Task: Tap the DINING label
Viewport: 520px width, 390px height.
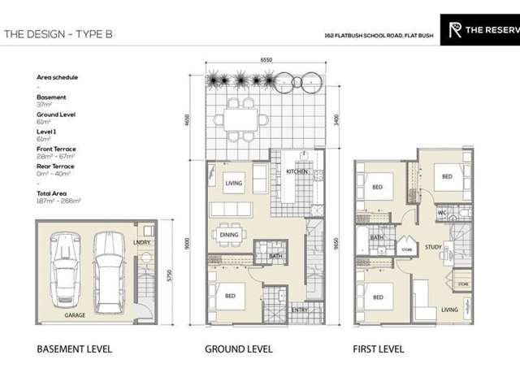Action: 230,236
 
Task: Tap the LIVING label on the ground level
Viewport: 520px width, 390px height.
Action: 234,184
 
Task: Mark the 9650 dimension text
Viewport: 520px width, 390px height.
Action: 332,244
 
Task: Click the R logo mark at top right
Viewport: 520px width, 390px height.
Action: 457,30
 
